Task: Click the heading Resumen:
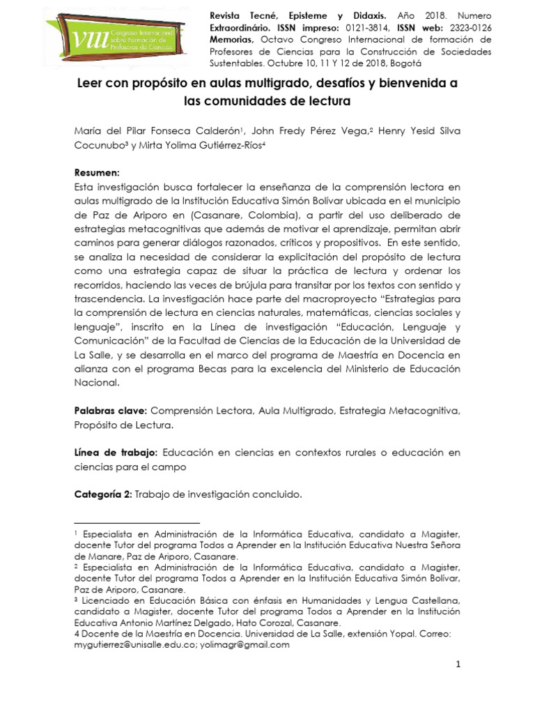pyautogui.click(x=97, y=172)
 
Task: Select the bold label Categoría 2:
pyautogui.click(x=103, y=494)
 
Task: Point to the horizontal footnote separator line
pyautogui.click(x=137, y=522)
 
